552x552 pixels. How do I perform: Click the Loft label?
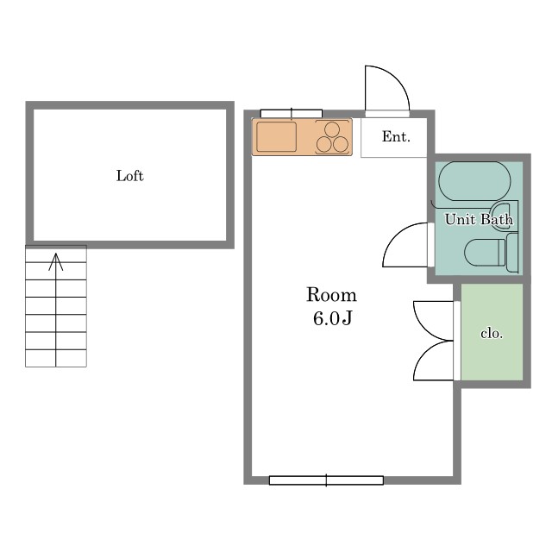[x=130, y=176]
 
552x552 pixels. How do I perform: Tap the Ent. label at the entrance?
[x=396, y=136]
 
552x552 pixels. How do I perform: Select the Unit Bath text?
[x=479, y=219]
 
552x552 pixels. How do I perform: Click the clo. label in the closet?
[x=492, y=333]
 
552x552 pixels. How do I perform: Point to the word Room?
[x=331, y=295]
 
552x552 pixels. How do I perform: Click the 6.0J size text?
[x=333, y=318]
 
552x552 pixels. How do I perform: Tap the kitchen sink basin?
[x=276, y=136]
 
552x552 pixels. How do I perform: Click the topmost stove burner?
[x=332, y=129]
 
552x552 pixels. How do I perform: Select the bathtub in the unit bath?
[x=474, y=181]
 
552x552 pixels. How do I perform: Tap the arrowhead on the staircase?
[x=55, y=261]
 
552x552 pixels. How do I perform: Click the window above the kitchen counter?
[x=292, y=113]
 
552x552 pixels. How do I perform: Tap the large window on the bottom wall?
[x=326, y=480]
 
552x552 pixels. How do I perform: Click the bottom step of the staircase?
[x=56, y=358]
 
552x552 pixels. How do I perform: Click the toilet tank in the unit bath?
[x=512, y=253]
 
